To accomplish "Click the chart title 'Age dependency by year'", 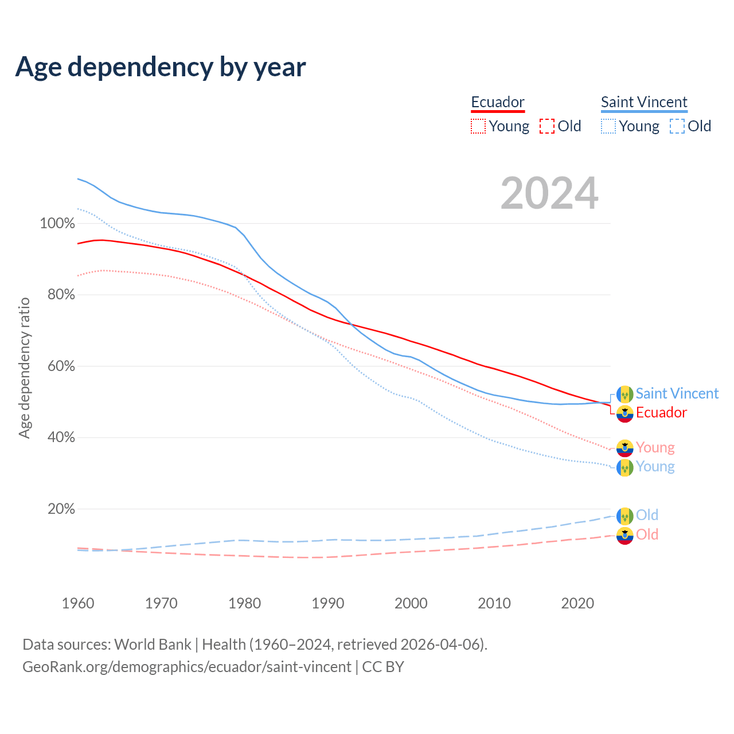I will pos(161,67).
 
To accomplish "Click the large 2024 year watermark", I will pos(549,193).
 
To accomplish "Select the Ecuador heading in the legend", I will pos(498,102).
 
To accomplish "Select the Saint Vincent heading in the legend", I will pos(644,102).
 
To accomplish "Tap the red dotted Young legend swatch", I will pos(478,126).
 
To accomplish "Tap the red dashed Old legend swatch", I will pos(547,126).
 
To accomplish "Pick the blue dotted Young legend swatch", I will pos(608,126).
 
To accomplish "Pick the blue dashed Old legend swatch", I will pos(677,126).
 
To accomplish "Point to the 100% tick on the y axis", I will pos(57,223).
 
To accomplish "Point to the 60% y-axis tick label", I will pos(61,366).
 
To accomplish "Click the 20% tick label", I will pos(61,509).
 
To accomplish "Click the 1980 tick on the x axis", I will pos(245,603).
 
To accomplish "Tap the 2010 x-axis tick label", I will pos(494,603).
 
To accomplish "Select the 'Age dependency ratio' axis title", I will pos(24,368).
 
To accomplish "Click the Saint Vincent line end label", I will pos(677,393).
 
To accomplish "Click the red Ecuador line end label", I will pos(661,412).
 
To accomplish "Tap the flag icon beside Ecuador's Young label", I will pos(624,448).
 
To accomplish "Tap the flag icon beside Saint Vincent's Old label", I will pos(624,516).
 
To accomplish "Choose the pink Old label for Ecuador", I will pos(647,534).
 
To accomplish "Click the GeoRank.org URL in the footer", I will pos(186,667).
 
